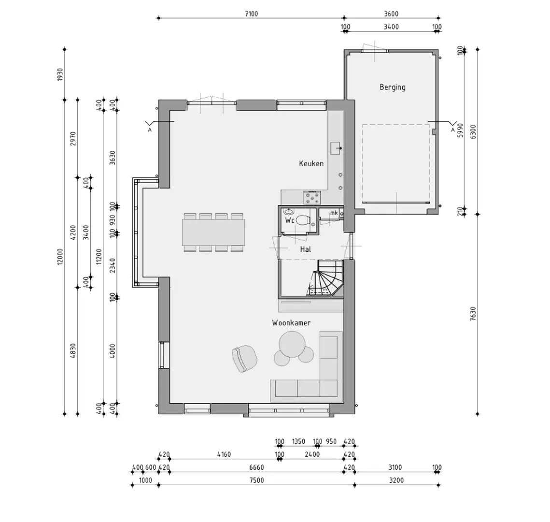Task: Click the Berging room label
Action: click(392, 87)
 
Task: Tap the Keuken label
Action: click(311, 163)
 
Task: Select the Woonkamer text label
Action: click(291, 322)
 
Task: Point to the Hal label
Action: click(306, 249)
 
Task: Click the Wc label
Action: click(290, 220)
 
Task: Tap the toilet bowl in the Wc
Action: click(303, 220)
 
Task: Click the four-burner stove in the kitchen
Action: click(312, 197)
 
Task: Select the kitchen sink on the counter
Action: click(336, 148)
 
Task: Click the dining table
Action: click(213, 232)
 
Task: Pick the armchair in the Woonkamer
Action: click(244, 359)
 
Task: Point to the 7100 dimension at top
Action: click(251, 14)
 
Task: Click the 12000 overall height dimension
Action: click(60, 257)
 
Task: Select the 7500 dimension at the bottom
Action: click(256, 480)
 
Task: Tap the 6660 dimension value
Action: click(256, 467)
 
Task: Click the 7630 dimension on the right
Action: click(473, 314)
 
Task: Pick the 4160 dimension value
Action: click(224, 454)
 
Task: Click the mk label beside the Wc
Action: click(334, 213)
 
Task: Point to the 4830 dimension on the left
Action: click(73, 350)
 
